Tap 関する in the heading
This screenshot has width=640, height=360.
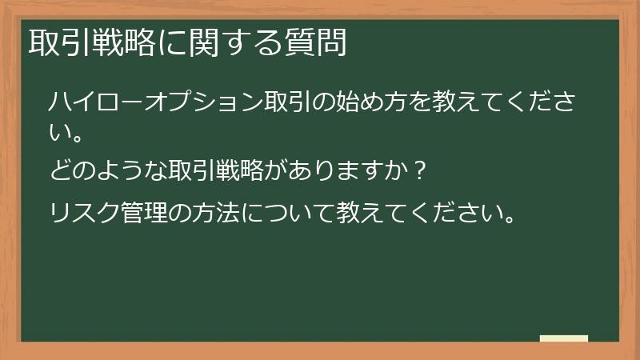click(x=238, y=42)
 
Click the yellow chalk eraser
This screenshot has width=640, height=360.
click(x=564, y=338)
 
